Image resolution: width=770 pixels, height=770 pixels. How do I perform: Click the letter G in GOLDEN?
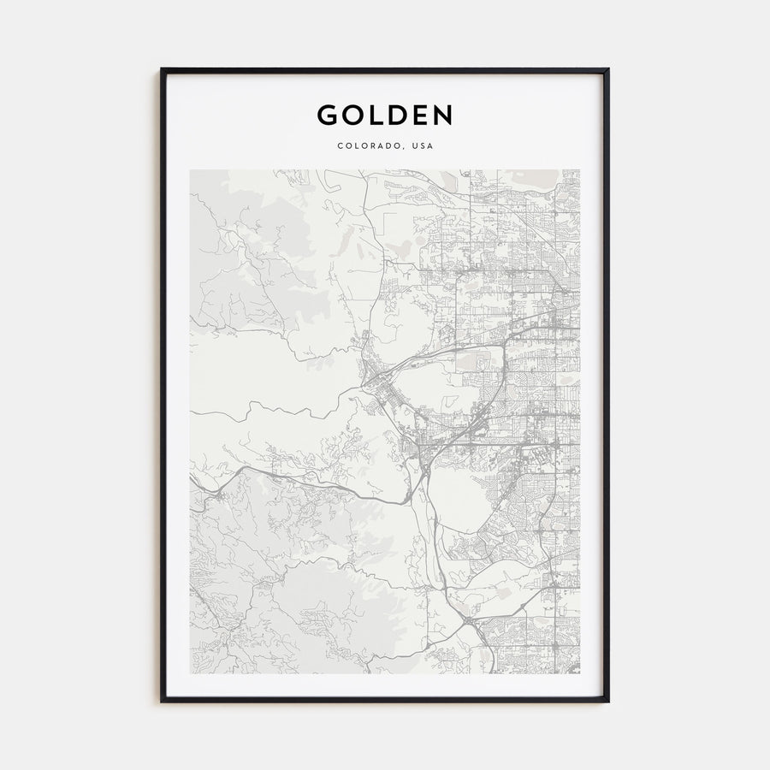pyautogui.click(x=328, y=115)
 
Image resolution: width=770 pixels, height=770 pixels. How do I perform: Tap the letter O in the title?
pyautogui.click(x=352, y=115)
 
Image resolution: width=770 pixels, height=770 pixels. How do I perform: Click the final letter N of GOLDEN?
pyautogui.click(x=441, y=115)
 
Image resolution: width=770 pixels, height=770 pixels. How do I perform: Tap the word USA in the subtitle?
pyautogui.click(x=423, y=146)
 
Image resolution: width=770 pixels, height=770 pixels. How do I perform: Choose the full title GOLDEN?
pyautogui.click(x=385, y=115)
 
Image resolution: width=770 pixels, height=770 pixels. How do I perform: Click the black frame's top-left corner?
pyautogui.click(x=162, y=70)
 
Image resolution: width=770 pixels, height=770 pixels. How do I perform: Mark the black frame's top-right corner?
pyautogui.click(x=607, y=70)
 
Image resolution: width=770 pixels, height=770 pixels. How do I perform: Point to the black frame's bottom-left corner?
pyautogui.click(x=162, y=701)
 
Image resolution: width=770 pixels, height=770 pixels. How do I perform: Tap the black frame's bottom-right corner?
pyautogui.click(x=607, y=701)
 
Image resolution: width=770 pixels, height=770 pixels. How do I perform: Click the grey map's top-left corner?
pyautogui.click(x=191, y=170)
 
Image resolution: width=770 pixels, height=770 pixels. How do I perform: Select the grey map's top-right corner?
pyautogui.click(x=579, y=170)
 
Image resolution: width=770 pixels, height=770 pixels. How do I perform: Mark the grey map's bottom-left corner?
pyautogui.click(x=191, y=672)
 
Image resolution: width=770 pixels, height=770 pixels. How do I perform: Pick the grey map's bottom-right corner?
pyautogui.click(x=579, y=672)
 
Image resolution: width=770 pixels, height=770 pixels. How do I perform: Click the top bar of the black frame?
pyautogui.click(x=385, y=70)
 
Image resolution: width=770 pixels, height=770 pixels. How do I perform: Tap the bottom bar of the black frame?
pyautogui.click(x=385, y=701)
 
